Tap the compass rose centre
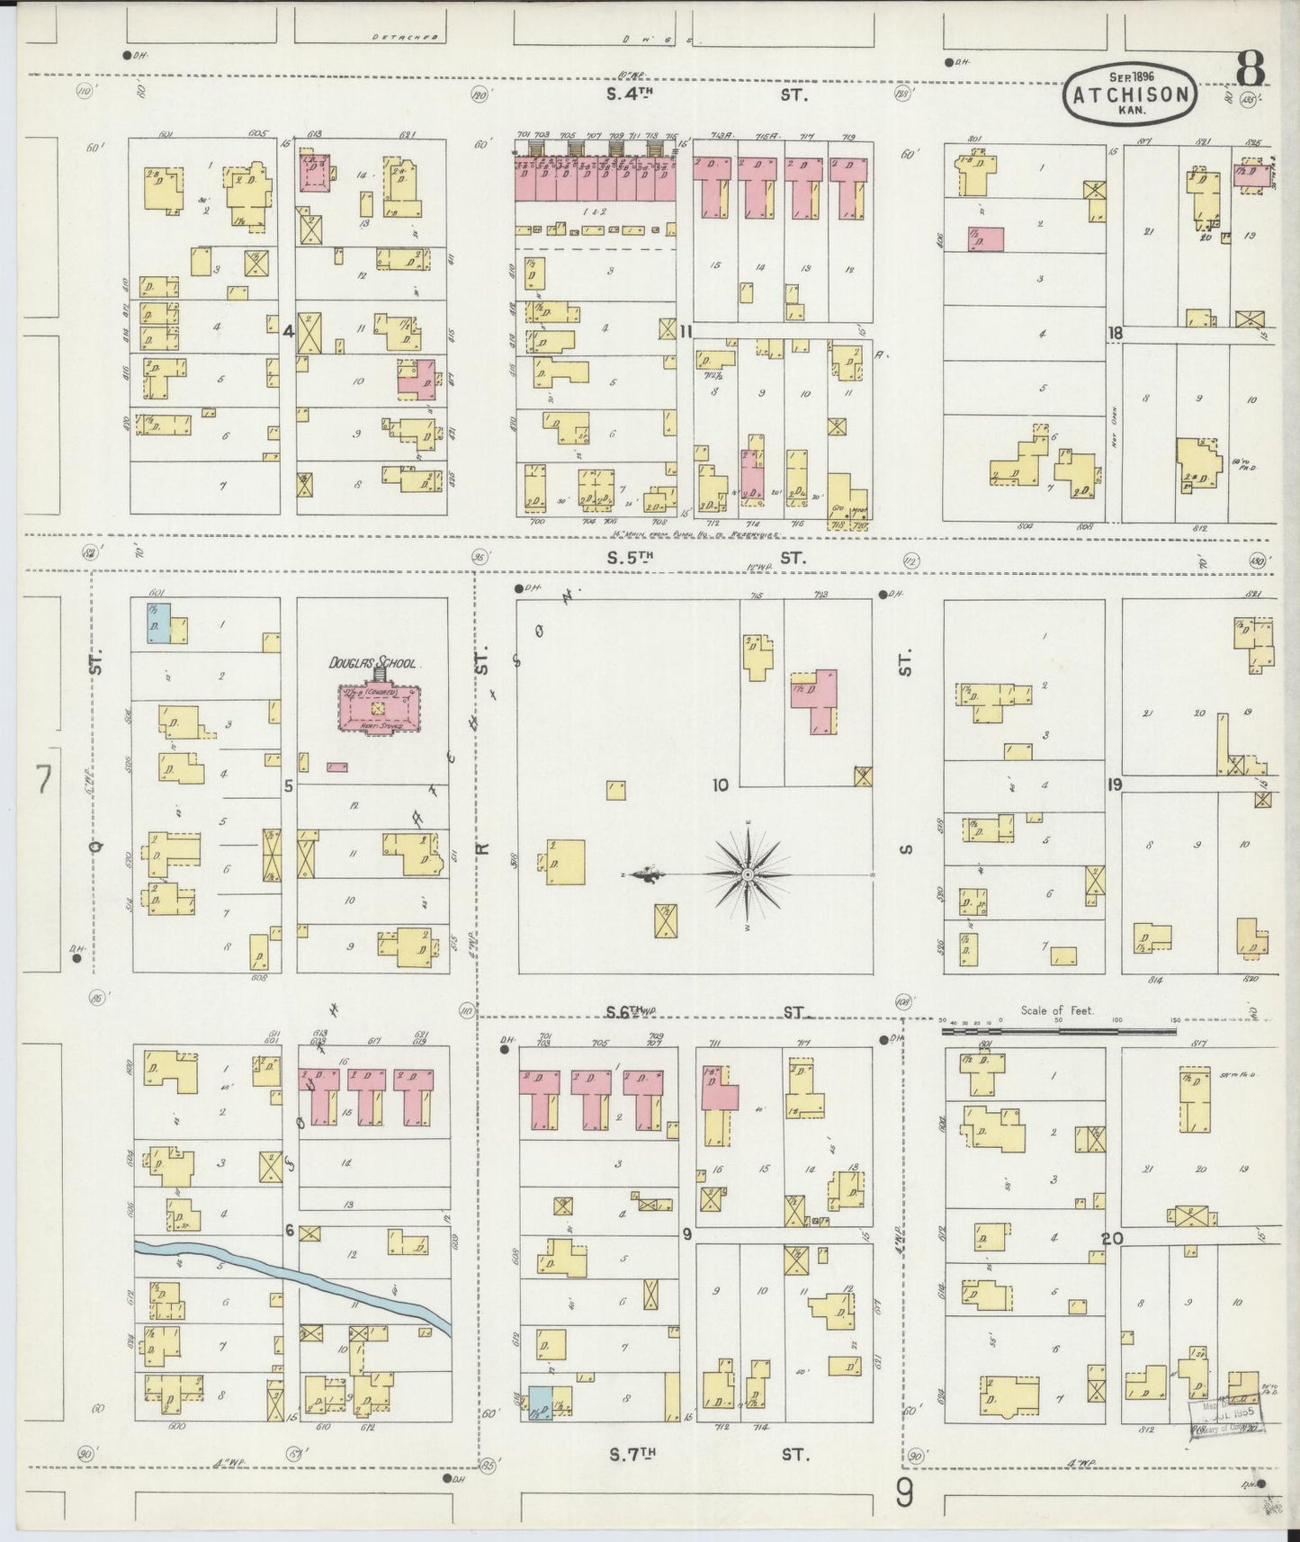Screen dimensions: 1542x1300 (x=748, y=874)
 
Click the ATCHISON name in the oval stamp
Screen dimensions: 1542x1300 (x=1131, y=94)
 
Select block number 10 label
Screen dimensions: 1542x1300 (x=720, y=785)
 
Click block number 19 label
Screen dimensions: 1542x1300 (x=1115, y=785)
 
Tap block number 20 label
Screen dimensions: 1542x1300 (x=1113, y=1239)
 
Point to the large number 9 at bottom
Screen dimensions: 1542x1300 (x=905, y=1494)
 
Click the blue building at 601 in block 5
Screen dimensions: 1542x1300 (x=158, y=623)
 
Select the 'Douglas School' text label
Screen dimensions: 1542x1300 (x=383, y=663)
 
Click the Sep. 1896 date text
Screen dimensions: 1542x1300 (x=1131, y=76)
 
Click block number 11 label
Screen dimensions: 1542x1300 (x=686, y=332)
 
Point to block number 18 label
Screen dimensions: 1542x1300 (x=1115, y=333)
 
